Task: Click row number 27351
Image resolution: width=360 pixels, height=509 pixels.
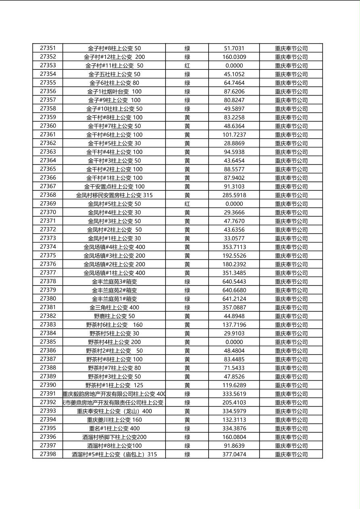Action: pyautogui.click(x=48, y=48)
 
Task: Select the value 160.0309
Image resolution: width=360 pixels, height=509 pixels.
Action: pyautogui.click(x=234, y=57)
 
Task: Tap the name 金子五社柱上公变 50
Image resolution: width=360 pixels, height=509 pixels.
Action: pyautogui.click(x=114, y=74)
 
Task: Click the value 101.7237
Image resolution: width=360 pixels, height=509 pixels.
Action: pyautogui.click(x=234, y=135)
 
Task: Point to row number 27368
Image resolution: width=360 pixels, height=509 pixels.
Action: pyautogui.click(x=48, y=195)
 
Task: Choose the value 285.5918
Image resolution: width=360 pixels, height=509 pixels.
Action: pyautogui.click(x=234, y=195)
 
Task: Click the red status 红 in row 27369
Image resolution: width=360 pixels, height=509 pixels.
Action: pyautogui.click(x=187, y=204)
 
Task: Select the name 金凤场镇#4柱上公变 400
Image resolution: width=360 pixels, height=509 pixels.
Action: pyautogui.click(x=114, y=247)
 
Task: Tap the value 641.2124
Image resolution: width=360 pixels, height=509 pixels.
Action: pyautogui.click(x=234, y=299)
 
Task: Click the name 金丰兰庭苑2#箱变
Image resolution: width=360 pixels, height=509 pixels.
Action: pyautogui.click(x=114, y=290)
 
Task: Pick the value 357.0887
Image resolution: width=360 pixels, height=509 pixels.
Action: pyautogui.click(x=234, y=308)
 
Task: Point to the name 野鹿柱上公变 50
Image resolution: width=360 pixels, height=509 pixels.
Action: pyautogui.click(x=114, y=316)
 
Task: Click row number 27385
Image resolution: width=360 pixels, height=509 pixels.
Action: pyautogui.click(x=48, y=342)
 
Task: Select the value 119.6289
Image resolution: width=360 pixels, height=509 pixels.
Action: pyautogui.click(x=234, y=385)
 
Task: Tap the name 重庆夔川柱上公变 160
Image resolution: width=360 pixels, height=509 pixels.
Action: pyautogui.click(x=114, y=420)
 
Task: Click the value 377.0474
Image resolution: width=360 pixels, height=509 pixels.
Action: pyautogui.click(x=234, y=455)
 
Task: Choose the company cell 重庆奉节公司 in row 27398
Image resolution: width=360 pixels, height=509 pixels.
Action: pyautogui.click(x=291, y=455)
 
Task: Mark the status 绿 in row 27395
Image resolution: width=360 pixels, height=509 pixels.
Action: pyautogui.click(x=187, y=428)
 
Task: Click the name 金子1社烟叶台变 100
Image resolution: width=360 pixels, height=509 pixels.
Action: pyautogui.click(x=114, y=92)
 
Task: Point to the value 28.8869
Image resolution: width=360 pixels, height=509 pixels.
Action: pyautogui.click(x=234, y=143)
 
